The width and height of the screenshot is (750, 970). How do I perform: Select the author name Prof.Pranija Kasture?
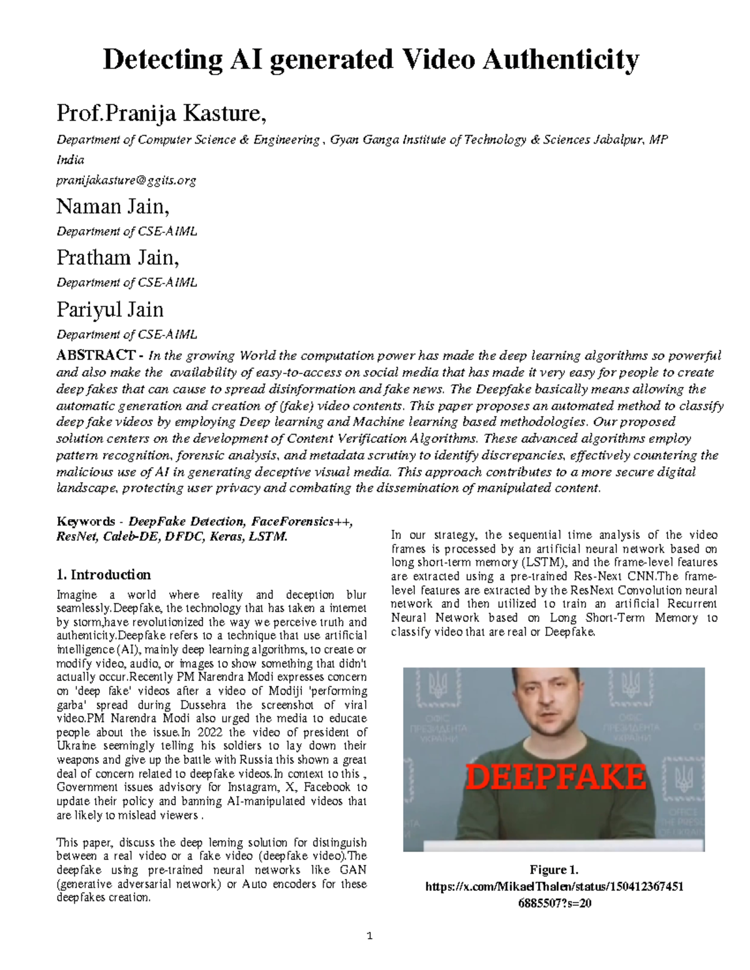(161, 114)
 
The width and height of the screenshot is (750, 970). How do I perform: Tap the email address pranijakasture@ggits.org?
(126, 181)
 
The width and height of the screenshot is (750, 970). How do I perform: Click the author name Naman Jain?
(112, 206)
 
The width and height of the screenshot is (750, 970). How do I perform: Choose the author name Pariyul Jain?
(110, 309)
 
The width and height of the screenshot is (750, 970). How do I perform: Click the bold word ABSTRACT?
(96, 355)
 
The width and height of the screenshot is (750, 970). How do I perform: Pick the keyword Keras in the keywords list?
(227, 537)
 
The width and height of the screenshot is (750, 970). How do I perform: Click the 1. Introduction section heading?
(103, 575)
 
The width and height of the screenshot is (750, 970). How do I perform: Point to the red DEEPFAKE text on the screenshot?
(556, 778)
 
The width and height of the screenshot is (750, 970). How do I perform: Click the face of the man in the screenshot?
(545, 705)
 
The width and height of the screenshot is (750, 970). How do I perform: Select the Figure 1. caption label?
(554, 869)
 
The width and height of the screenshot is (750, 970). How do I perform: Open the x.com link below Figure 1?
(554, 887)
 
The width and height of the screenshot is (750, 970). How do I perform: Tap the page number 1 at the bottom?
(369, 936)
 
